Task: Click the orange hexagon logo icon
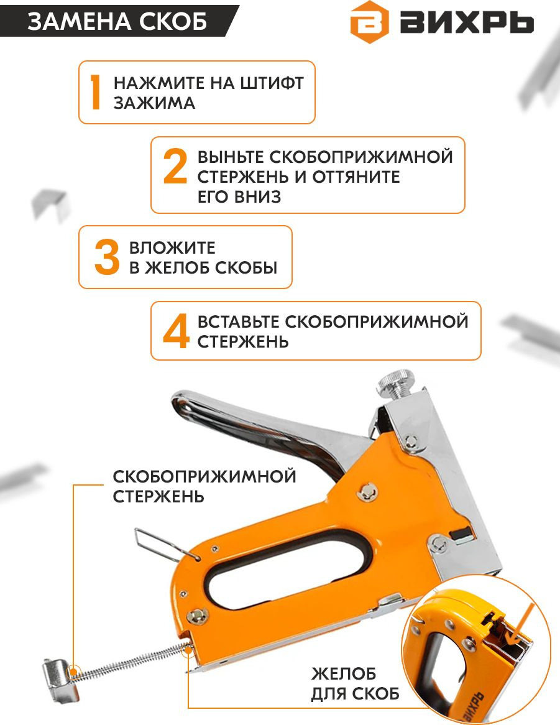pyautogui.click(x=369, y=22)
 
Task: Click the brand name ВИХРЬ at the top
pyautogui.click(x=467, y=22)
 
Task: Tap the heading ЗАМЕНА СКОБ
pyautogui.click(x=117, y=21)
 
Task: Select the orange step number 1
pyautogui.click(x=96, y=93)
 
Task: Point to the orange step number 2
pyautogui.click(x=175, y=167)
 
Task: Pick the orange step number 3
pyautogui.click(x=107, y=257)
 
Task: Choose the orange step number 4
pyautogui.click(x=177, y=331)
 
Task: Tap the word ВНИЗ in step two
pyautogui.click(x=257, y=197)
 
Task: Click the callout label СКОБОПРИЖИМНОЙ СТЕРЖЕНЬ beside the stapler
pyautogui.click(x=204, y=486)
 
